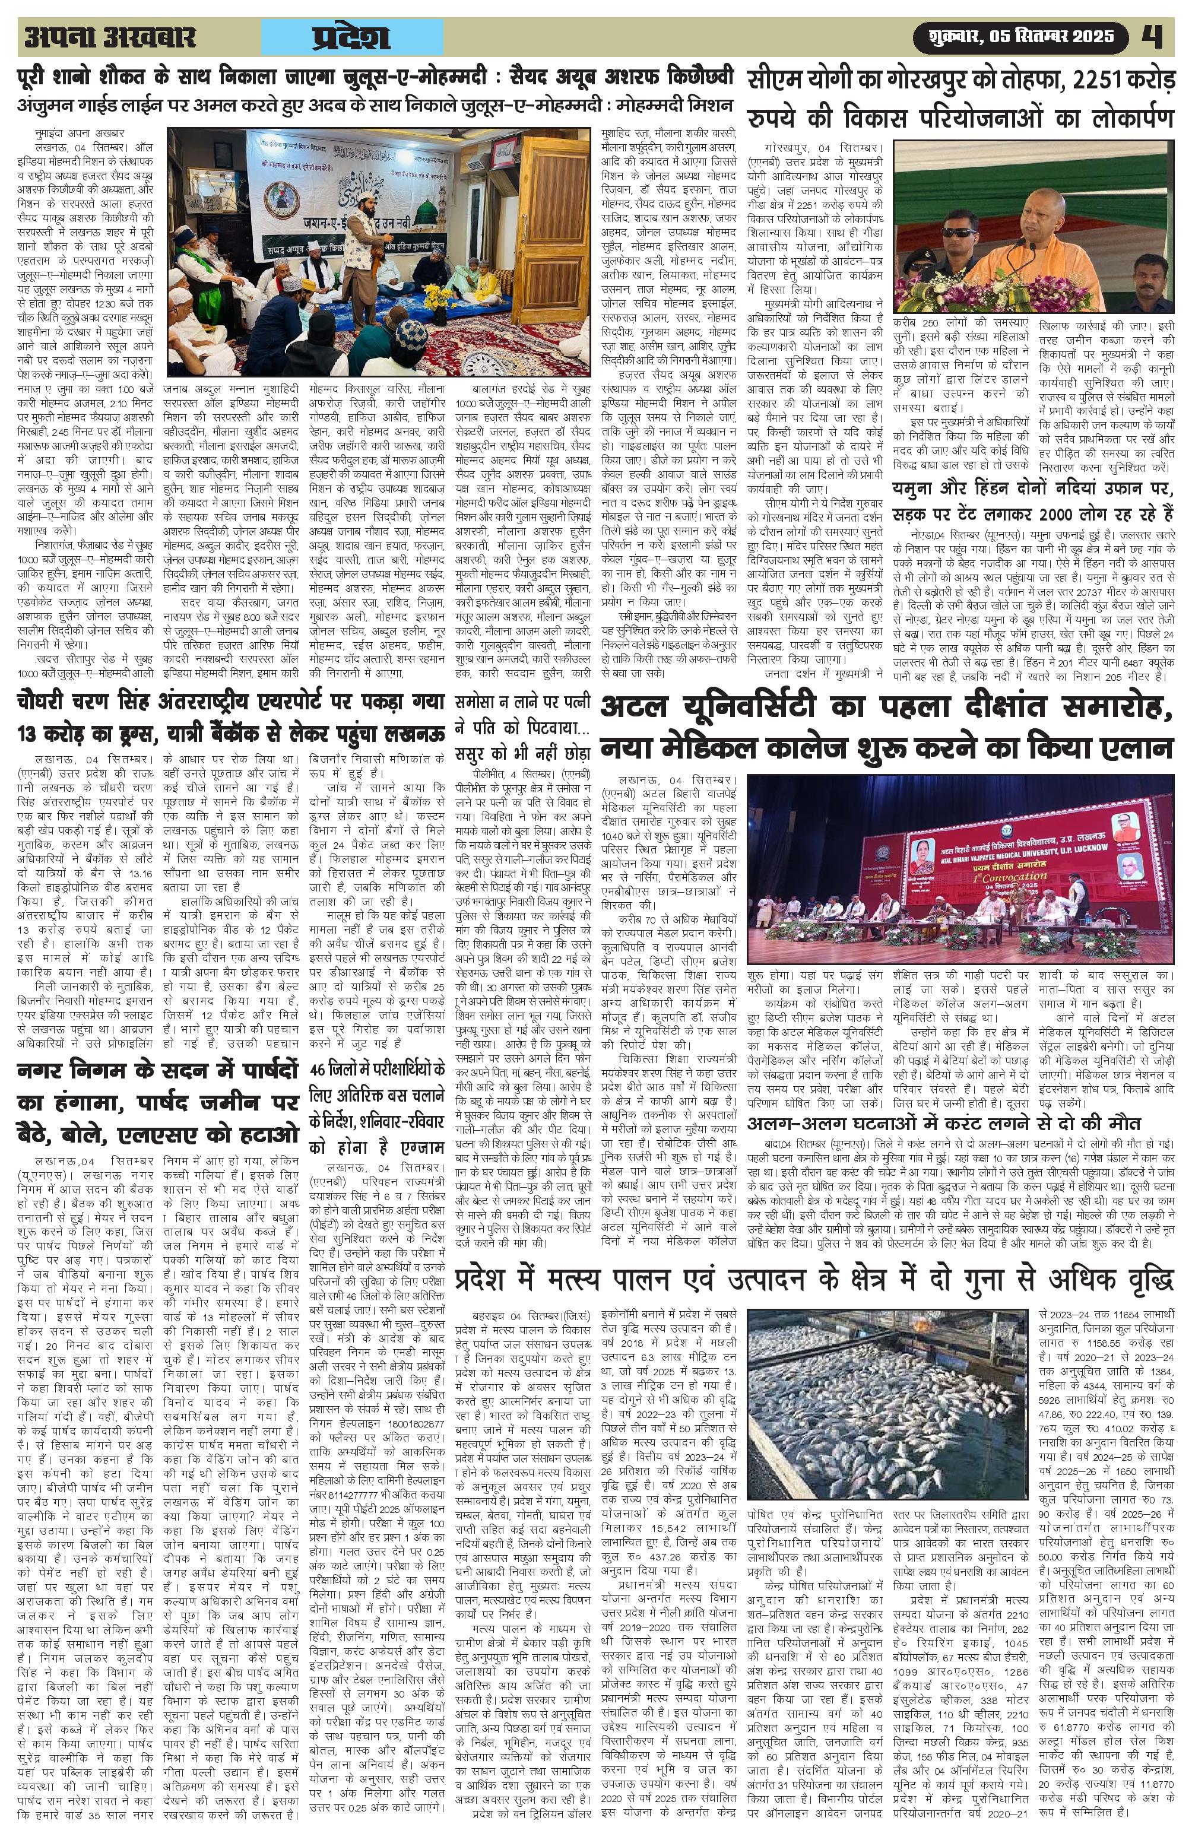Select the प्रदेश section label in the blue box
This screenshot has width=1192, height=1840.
click(352, 37)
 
